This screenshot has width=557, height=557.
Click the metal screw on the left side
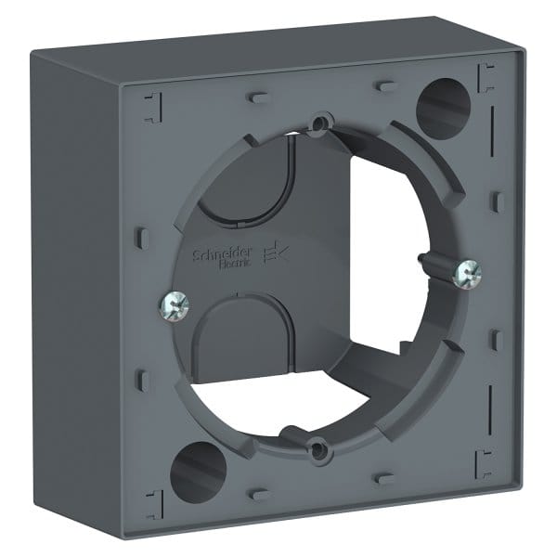[172, 304]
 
